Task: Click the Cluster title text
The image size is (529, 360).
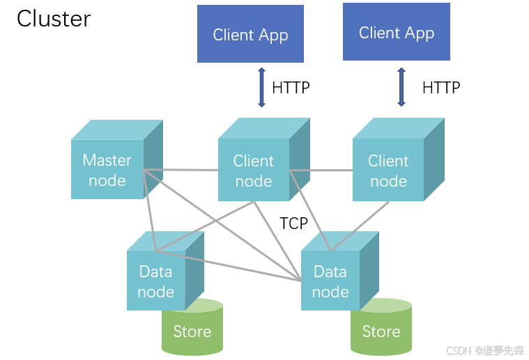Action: coord(54,19)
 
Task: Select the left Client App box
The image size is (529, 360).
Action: coord(250,33)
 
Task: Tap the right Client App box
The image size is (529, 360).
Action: coord(397,32)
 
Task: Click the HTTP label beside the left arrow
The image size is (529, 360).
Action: coord(291,88)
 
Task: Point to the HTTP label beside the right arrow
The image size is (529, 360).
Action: coord(441,88)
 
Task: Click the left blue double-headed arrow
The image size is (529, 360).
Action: coord(261,88)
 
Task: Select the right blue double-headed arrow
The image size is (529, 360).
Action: coord(401,87)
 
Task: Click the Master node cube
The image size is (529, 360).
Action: coord(117,159)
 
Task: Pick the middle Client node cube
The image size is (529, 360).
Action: coord(264,159)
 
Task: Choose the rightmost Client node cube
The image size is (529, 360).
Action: coord(399,159)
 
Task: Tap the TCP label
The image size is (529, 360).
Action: coord(293,223)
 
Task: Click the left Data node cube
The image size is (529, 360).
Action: coord(165,271)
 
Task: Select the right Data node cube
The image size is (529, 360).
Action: coord(339,271)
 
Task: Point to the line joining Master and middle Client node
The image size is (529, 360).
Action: coord(181,170)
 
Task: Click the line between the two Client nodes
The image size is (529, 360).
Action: coord(321,170)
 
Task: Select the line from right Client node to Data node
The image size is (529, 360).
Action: coord(360,226)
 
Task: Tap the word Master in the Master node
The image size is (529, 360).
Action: coord(107,160)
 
